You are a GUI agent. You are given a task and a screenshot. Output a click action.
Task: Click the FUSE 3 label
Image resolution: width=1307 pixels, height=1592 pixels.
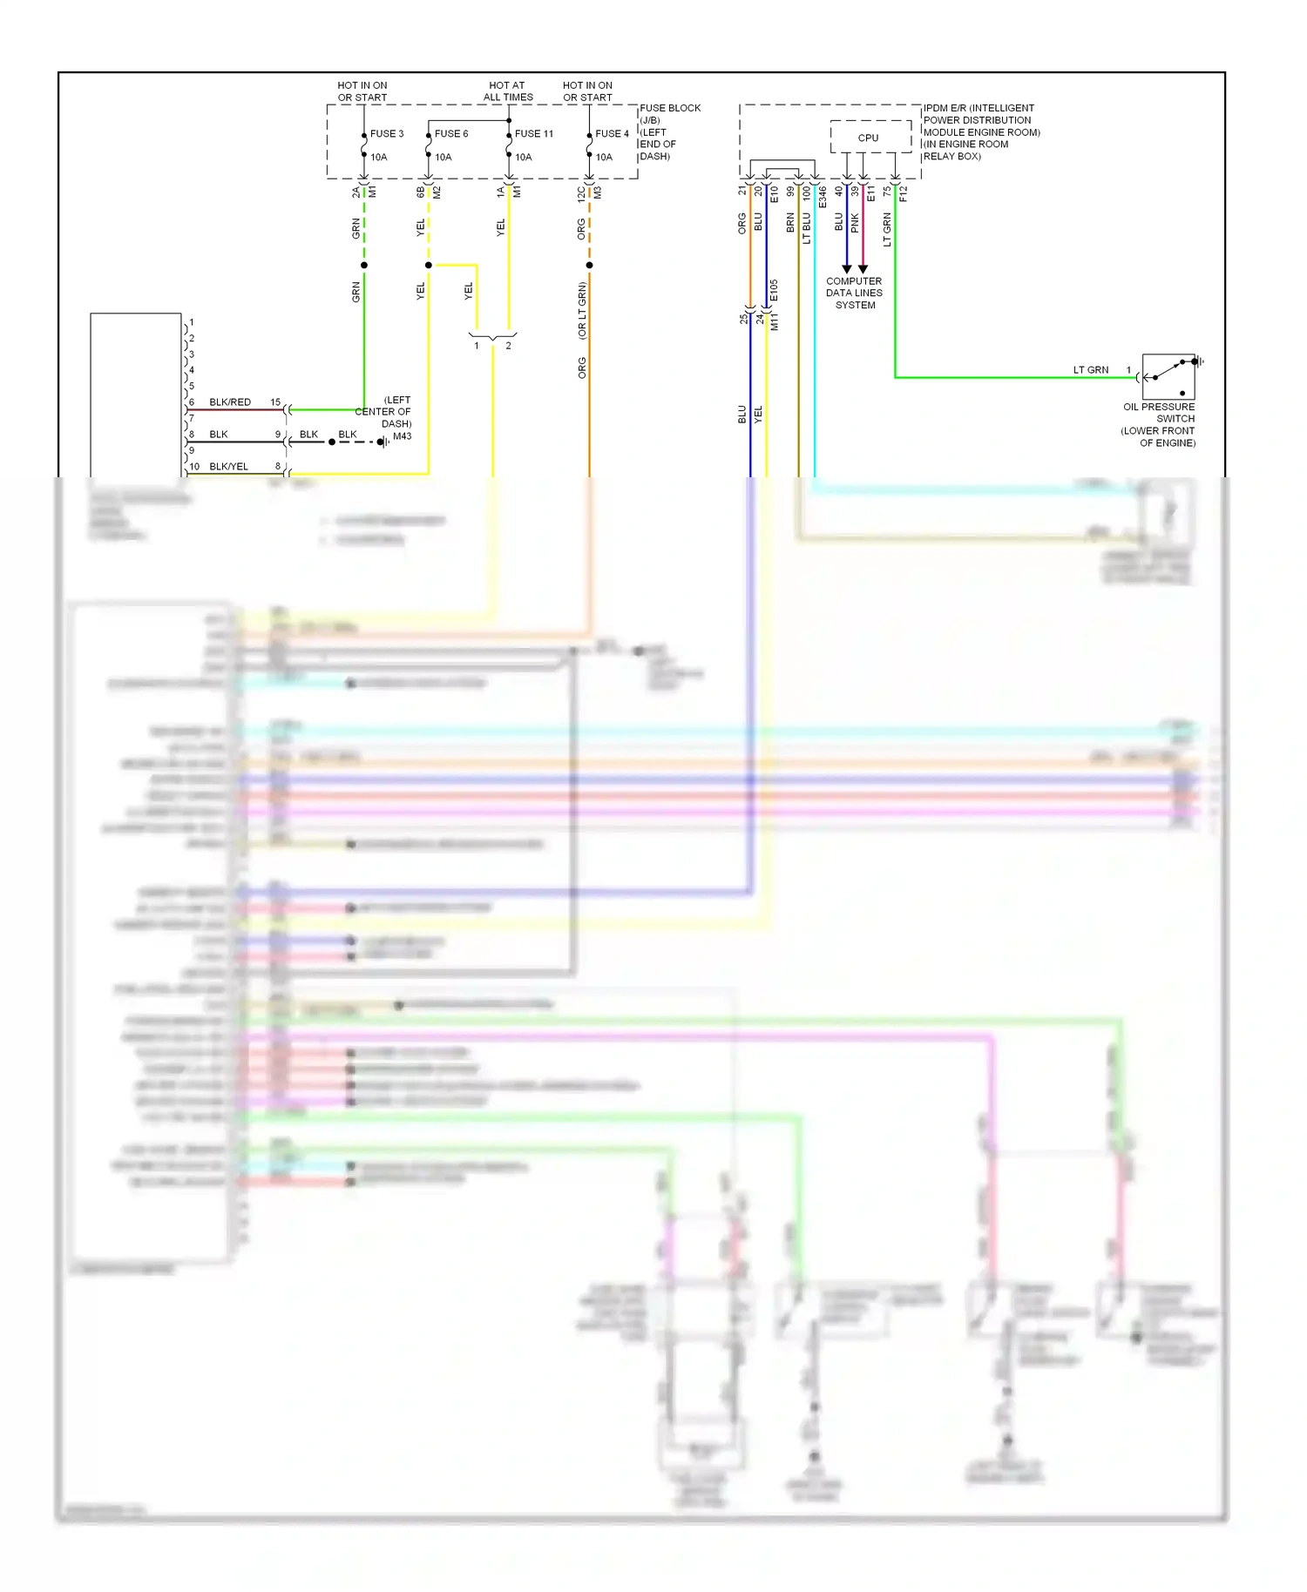pos(387,133)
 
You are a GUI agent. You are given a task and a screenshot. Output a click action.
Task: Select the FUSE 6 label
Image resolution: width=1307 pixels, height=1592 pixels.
pos(451,133)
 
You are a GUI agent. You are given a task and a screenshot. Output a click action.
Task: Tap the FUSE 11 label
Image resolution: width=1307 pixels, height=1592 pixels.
pos(533,133)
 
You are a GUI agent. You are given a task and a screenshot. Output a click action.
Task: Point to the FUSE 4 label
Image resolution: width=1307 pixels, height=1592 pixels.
pos(612,133)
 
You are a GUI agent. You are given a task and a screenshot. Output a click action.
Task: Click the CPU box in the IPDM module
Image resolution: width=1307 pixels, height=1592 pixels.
pos(869,138)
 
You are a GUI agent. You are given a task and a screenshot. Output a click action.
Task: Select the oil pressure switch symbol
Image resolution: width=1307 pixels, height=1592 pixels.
pos(1168,376)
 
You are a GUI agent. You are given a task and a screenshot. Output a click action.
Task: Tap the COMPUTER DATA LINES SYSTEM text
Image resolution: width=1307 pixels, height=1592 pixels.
pos(854,293)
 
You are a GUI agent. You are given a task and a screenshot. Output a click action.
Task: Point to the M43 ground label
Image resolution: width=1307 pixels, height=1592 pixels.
pos(402,436)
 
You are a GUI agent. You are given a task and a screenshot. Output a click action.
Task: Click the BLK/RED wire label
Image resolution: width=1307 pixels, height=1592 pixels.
pos(230,402)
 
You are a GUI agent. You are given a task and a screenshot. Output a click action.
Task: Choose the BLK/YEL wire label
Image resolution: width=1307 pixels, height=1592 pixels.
pos(228,467)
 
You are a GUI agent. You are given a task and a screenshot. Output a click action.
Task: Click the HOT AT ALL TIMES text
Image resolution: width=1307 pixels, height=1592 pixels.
pos(508,91)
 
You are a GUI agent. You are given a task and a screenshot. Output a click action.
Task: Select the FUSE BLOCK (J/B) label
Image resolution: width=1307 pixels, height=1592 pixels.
pos(669,114)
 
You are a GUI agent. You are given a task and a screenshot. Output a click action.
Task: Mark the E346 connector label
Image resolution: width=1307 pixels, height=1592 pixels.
pos(823,196)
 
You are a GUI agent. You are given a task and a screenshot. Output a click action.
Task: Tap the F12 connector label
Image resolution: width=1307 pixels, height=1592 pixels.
pos(904,193)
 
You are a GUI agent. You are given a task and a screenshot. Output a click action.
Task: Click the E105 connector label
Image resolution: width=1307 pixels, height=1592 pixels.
pos(774,291)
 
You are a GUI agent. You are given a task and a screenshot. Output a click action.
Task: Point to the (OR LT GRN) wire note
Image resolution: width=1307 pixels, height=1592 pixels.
pos(582,310)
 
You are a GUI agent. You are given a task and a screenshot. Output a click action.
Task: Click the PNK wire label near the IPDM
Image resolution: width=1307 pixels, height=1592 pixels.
pos(855,223)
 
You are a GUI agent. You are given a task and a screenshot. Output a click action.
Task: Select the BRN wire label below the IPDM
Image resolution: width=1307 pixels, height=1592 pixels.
pos(790,222)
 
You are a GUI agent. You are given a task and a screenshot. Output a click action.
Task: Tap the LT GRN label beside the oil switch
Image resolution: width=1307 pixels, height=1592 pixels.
pos(1090,370)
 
